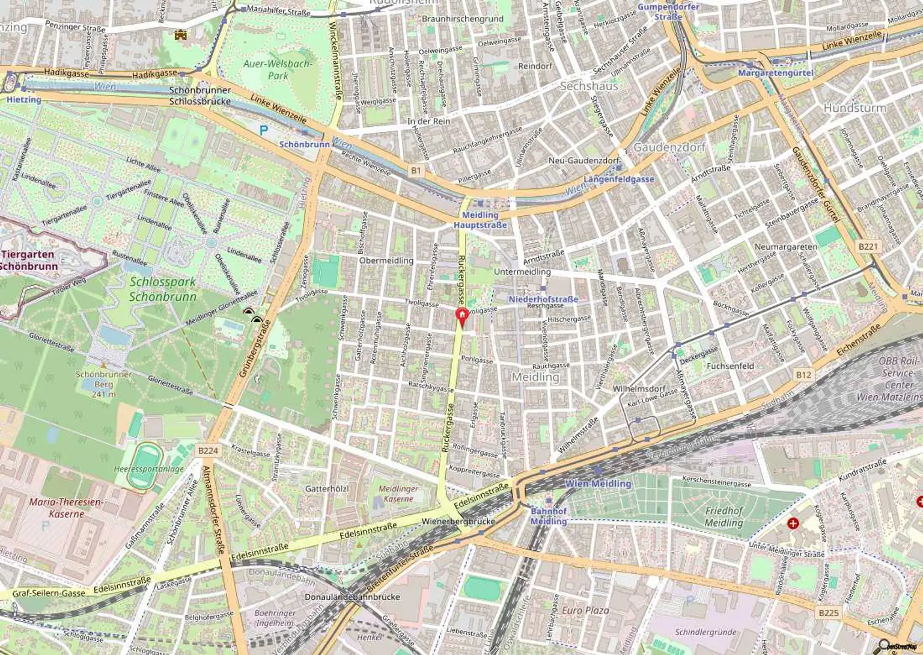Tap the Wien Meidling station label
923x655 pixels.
coord(598,484)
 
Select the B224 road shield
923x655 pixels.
coord(207,451)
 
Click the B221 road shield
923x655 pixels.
coord(868,247)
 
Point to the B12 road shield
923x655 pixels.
coord(803,375)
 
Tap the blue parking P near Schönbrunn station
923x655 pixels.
coord(263,129)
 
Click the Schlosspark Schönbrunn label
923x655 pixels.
coord(162,289)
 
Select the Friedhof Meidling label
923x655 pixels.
coord(724,517)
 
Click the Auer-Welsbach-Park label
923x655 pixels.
coord(278,69)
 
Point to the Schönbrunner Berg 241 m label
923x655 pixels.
coord(103,384)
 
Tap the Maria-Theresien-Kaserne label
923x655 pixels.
coord(67,508)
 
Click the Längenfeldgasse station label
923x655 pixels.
coord(619,179)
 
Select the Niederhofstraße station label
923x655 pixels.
coord(543,299)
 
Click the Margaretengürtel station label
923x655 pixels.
coord(775,73)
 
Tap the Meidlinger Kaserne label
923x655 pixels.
coord(398,494)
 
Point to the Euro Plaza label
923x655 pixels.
coord(585,610)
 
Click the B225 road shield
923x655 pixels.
coord(828,612)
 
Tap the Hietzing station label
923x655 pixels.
coord(24,99)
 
